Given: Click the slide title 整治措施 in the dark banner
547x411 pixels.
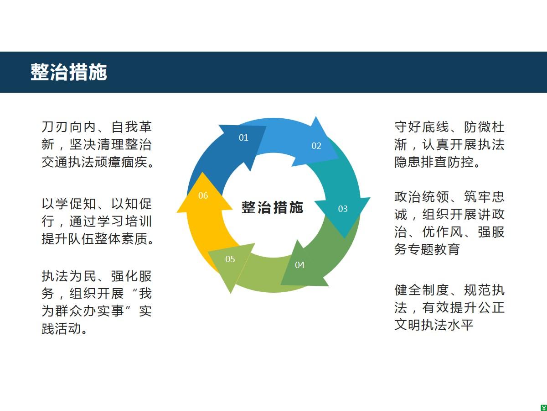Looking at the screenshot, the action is click(x=68, y=72).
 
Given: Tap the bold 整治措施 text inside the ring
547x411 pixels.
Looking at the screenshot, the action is click(x=273, y=207).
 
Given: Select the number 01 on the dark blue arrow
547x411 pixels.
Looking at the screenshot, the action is click(x=243, y=137).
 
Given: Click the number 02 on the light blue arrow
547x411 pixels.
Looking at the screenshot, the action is click(x=316, y=146).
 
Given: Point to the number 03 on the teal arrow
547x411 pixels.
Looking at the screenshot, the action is click(x=343, y=209).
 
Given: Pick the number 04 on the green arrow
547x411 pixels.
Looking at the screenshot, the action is click(x=299, y=265).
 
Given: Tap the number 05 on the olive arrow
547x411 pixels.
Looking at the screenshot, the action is click(x=230, y=259).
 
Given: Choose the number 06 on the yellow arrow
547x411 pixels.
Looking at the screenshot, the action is click(x=203, y=195).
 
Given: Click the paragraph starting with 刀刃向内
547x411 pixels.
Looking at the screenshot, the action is click(x=97, y=144).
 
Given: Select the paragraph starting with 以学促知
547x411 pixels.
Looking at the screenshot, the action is click(x=97, y=221).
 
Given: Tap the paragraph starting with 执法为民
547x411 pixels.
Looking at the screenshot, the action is click(x=97, y=302).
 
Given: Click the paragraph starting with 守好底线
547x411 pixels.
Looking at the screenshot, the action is click(x=449, y=144).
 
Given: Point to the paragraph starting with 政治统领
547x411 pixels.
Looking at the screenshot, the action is click(x=449, y=223).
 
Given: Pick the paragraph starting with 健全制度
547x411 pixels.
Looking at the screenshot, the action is click(x=449, y=307).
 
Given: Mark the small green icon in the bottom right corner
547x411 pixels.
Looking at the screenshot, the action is click(x=543, y=407).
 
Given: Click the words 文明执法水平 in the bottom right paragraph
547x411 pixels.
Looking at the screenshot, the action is click(x=434, y=325).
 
